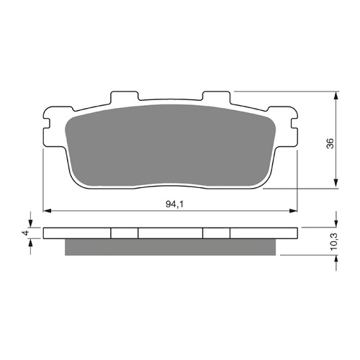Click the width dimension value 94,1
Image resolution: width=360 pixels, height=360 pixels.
coord(171,204)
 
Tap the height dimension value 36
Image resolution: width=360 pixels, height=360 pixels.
coord(330,142)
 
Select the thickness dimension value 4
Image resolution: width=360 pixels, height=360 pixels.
coord(24,233)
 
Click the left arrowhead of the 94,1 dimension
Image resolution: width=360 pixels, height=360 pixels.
coord(48,211)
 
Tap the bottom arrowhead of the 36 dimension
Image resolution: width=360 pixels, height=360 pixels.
coord(337,185)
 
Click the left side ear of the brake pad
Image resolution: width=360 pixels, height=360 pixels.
coord(48,125)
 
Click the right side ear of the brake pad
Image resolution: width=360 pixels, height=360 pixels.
coord(293,125)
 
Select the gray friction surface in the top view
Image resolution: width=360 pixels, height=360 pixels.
coord(171,148)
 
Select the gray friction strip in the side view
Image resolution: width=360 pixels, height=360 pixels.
coord(171,247)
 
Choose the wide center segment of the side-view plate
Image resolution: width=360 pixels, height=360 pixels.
coord(171,233)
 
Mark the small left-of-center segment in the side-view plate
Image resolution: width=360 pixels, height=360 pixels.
coord(124,233)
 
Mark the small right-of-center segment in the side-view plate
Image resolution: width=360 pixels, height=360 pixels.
coord(217,233)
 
